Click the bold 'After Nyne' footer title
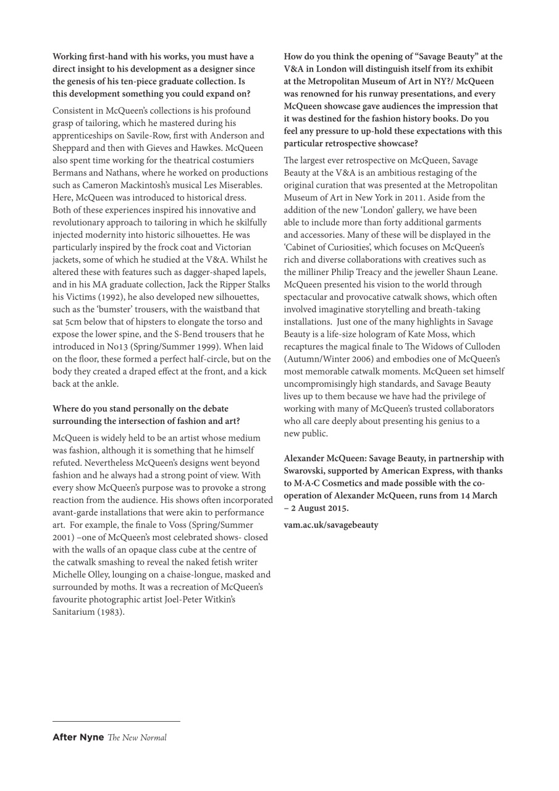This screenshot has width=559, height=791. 78,737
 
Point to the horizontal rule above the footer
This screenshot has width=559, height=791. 116,721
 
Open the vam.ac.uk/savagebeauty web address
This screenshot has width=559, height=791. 331,525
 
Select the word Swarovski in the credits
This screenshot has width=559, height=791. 305,471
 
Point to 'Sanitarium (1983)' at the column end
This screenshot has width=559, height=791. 88,612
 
